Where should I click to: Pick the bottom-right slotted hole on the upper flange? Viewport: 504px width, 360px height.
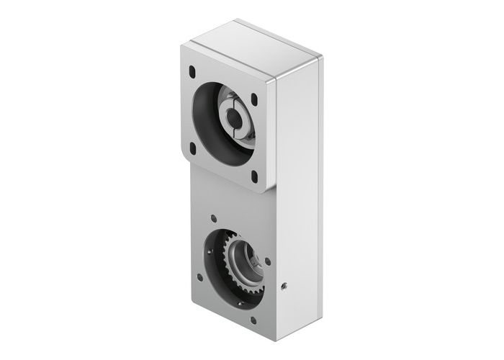pos(254,175)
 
